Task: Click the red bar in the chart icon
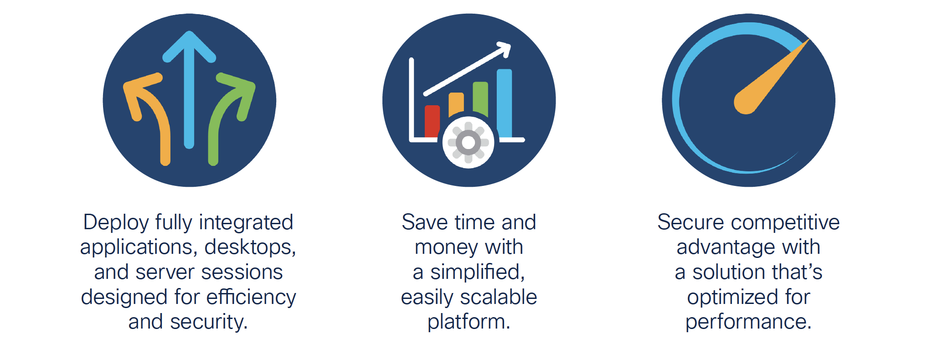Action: coord(432,121)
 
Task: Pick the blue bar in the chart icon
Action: coord(504,103)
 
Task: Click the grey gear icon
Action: coord(469,143)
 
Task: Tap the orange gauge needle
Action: coord(770,77)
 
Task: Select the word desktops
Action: coord(250,247)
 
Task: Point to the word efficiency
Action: coord(251,297)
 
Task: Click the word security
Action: coord(209,322)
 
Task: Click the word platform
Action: coord(469,322)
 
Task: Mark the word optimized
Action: coord(730,298)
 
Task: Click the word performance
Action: coord(748,322)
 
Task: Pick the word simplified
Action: coord(478,273)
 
